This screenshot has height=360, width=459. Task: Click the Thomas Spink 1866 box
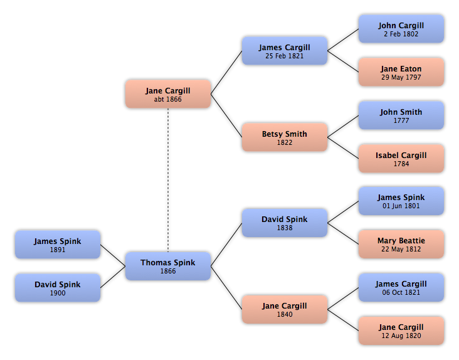point(168,266)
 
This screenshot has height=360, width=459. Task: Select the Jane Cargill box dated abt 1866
point(168,94)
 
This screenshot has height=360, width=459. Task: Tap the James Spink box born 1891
point(58,245)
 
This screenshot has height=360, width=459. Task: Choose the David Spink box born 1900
point(58,288)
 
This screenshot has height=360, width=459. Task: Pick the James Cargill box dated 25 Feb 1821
point(285,51)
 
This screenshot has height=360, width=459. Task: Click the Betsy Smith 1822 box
point(285,137)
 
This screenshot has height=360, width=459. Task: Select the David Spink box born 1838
point(285,223)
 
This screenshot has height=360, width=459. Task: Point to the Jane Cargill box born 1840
point(285,309)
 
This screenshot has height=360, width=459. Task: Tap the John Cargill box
point(401,29)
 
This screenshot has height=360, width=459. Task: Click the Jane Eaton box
point(401,72)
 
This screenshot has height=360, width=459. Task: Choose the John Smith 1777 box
point(401,115)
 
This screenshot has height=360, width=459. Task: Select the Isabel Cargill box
point(401,158)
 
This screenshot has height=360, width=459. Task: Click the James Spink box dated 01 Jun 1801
point(401,201)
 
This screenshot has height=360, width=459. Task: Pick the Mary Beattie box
point(401,244)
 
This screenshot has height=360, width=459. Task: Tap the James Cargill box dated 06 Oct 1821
point(401,287)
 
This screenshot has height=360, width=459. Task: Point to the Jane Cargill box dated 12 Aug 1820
point(401,331)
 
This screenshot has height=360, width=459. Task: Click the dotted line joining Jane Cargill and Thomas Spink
point(168,180)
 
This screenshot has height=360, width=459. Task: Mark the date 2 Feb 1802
point(401,34)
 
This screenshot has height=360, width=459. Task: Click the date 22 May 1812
point(401,249)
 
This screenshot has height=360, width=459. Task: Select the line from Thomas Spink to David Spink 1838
point(226,245)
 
